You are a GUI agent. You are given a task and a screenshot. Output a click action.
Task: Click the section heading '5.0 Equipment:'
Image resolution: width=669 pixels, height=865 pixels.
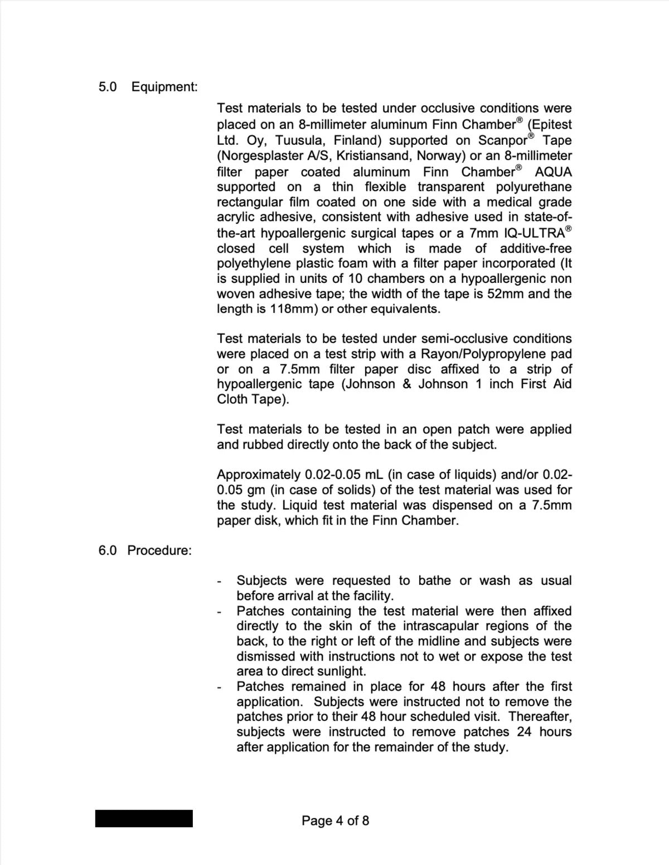(x=148, y=87)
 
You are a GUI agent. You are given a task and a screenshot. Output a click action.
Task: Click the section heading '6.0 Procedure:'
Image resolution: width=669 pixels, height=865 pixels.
(x=145, y=550)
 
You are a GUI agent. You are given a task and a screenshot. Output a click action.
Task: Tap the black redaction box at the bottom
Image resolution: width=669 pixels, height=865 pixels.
(x=144, y=818)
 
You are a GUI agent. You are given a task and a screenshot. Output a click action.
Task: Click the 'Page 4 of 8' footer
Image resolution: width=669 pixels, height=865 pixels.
(x=335, y=820)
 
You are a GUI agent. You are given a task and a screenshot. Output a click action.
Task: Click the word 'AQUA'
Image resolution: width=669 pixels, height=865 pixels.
(x=553, y=172)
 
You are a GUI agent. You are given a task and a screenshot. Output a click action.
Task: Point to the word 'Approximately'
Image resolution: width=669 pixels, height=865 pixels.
(x=259, y=475)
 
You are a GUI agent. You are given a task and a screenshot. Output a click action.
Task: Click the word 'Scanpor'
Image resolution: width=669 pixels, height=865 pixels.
(x=503, y=140)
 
